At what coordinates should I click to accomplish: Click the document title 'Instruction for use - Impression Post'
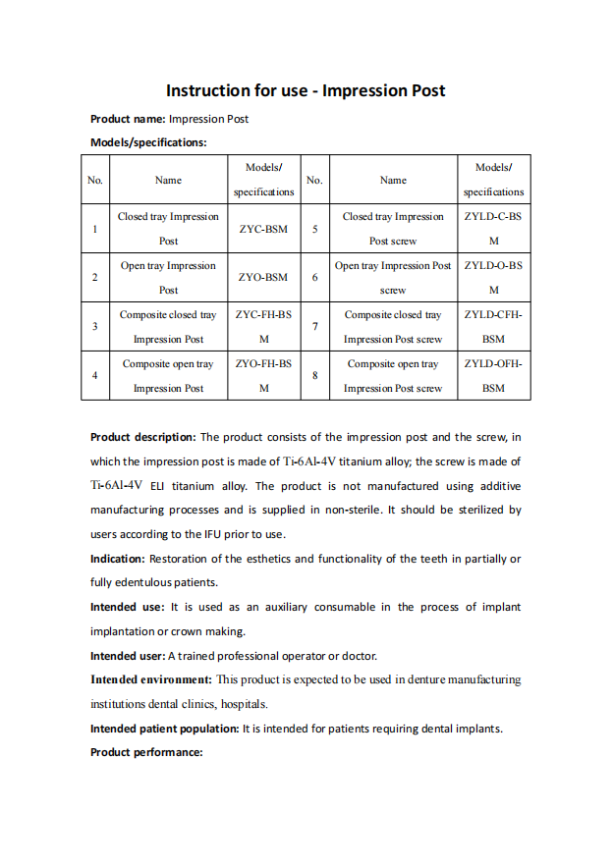click(x=306, y=91)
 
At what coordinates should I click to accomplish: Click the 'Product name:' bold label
click(x=128, y=119)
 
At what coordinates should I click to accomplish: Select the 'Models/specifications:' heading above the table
click(x=148, y=142)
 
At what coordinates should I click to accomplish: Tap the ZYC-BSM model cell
click(x=263, y=229)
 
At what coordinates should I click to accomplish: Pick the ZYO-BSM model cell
click(x=263, y=278)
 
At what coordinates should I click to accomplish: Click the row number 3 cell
click(x=94, y=327)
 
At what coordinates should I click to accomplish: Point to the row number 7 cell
click(x=314, y=327)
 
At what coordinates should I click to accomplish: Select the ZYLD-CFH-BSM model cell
click(x=493, y=327)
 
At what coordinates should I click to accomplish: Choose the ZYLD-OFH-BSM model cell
click(x=493, y=376)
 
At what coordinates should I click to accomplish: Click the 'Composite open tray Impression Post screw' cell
click(x=393, y=376)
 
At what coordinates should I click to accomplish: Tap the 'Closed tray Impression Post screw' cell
click(x=393, y=229)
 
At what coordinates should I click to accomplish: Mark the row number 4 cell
click(x=94, y=376)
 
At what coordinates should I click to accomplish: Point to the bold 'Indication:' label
click(x=118, y=559)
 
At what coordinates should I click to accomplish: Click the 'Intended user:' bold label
click(x=128, y=656)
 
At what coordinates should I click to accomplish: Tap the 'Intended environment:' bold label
click(x=151, y=679)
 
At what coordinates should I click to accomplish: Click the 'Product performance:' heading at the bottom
click(x=146, y=752)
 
